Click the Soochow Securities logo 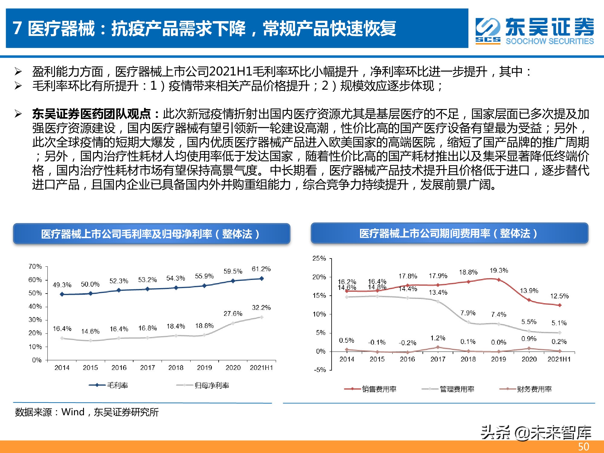[535, 31]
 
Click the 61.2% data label [261, 269]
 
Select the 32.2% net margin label [261, 308]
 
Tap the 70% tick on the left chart [35, 266]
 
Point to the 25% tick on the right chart [319, 258]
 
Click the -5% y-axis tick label [320, 370]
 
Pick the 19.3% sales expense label [499, 270]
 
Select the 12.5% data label [559, 296]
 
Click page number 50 [583, 446]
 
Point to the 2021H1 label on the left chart [261, 368]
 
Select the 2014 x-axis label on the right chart [347, 359]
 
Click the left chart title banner [151, 234]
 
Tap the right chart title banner [449, 233]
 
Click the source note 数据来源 [87, 412]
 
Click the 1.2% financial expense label [438, 338]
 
